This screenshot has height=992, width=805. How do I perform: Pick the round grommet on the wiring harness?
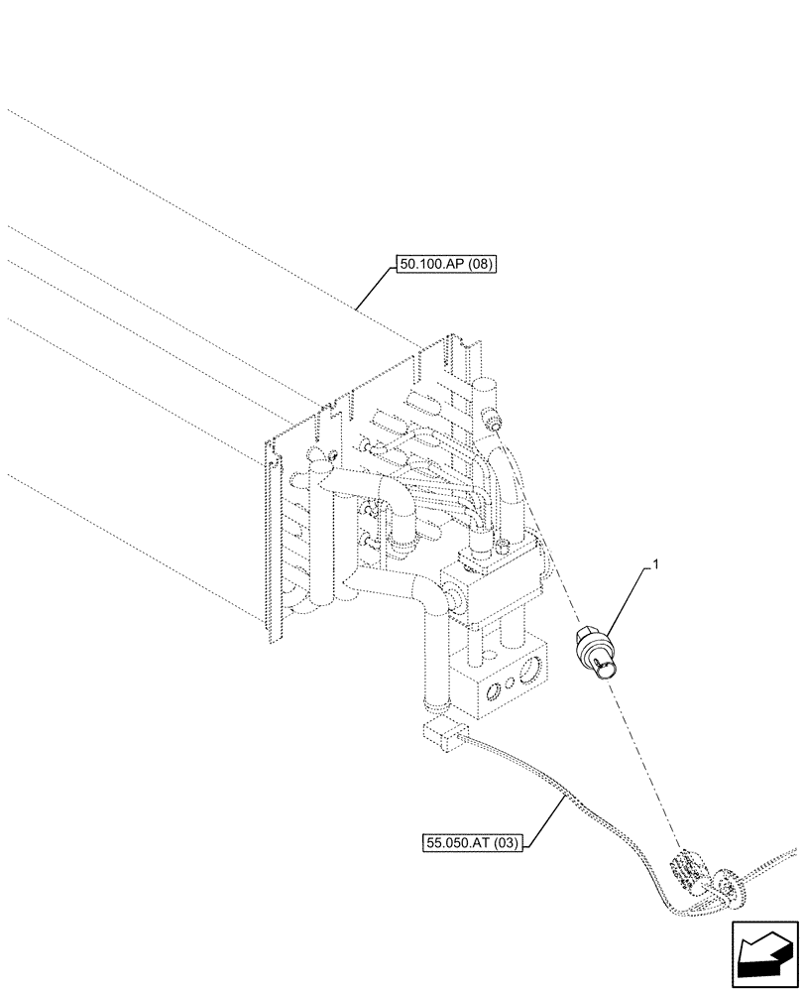(729, 886)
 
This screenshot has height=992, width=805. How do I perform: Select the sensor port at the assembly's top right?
(492, 425)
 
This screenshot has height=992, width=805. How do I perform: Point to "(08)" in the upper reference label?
(480, 264)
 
